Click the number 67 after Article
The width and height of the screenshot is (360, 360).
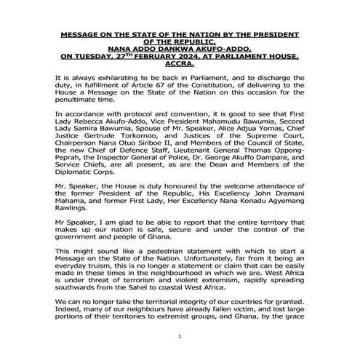coord(180,85)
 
